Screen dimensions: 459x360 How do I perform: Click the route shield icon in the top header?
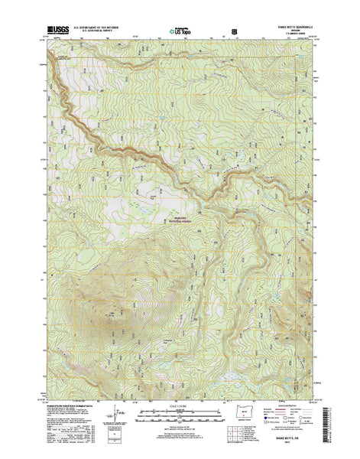pyautogui.click(x=233, y=33)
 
